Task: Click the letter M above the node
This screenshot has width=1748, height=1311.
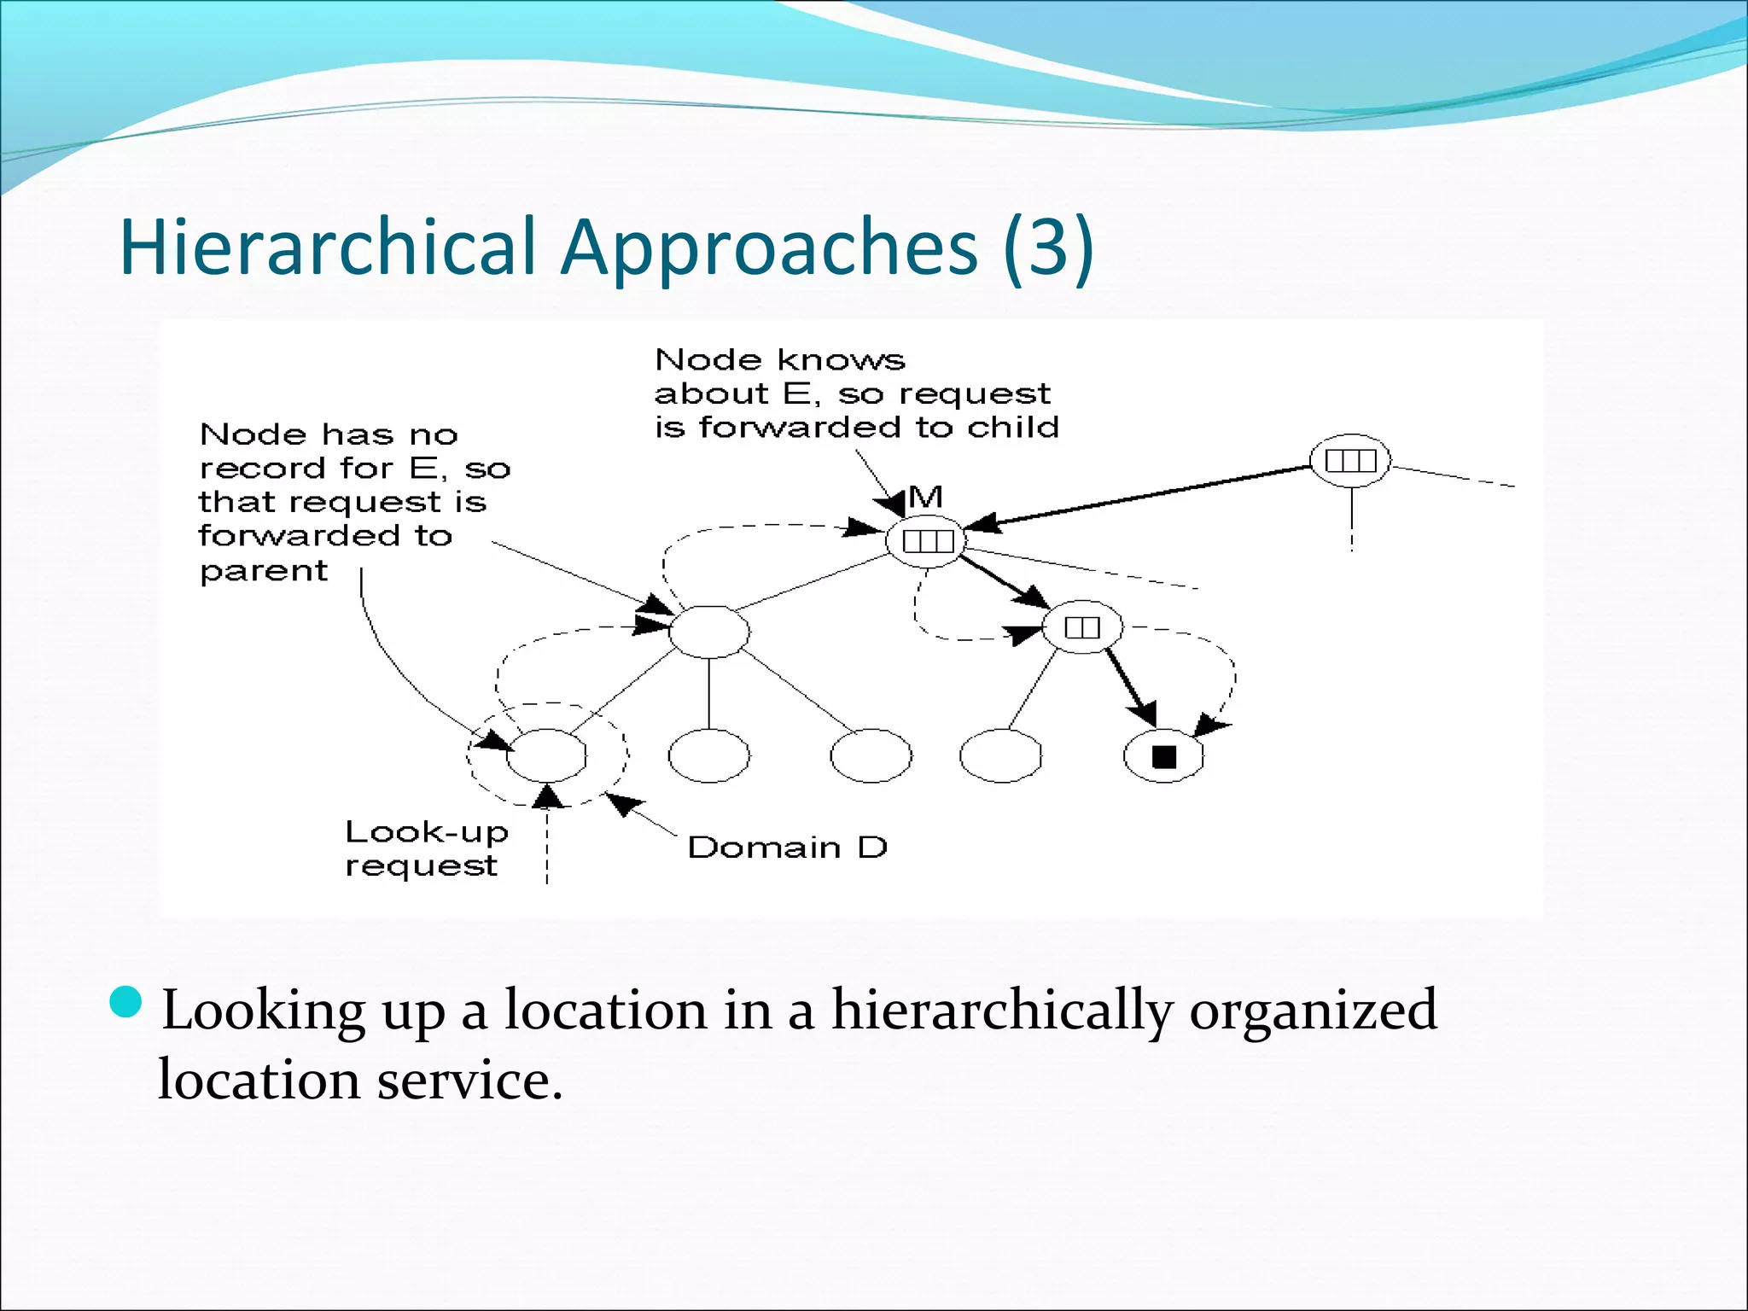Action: point(925,497)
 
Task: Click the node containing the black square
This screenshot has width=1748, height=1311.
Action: point(1163,756)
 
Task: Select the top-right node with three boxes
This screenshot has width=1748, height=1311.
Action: point(1350,461)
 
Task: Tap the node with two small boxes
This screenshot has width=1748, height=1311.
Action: point(1082,628)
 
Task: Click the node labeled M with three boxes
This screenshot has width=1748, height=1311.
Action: point(927,541)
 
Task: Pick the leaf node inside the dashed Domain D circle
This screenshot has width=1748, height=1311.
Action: point(547,755)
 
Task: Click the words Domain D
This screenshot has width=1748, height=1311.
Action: point(787,848)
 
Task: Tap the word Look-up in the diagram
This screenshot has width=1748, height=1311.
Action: point(426,832)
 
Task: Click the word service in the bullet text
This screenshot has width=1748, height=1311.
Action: point(469,1081)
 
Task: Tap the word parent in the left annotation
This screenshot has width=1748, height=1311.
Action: point(263,570)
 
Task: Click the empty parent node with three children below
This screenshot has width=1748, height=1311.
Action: point(708,632)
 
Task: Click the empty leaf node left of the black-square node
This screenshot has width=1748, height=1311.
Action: point(1000,756)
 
